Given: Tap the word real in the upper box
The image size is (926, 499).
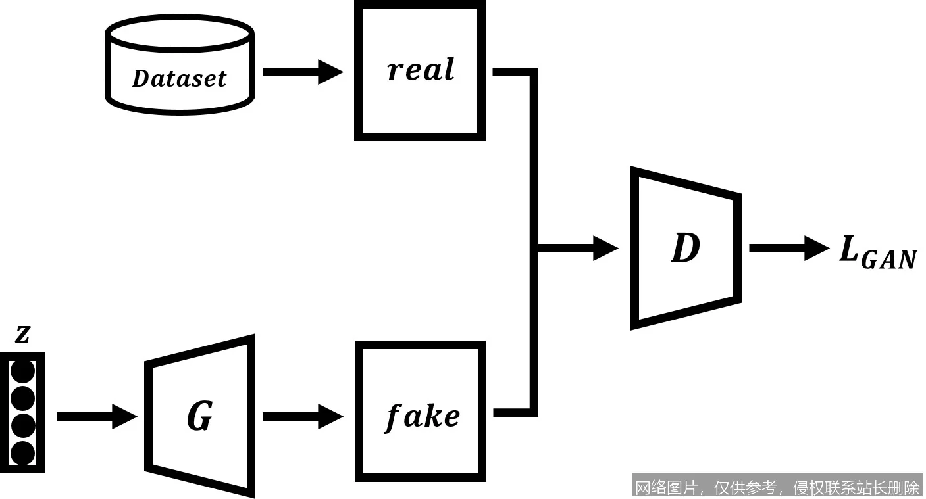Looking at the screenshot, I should tap(421, 70).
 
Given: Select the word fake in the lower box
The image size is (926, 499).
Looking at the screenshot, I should tap(422, 416).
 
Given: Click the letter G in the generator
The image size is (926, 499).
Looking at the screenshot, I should tap(199, 416).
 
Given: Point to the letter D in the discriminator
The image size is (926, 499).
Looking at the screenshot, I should tap(685, 249).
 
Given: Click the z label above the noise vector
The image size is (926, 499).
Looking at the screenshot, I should tap(23, 335).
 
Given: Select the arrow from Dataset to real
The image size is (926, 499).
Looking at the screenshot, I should tap(302, 71).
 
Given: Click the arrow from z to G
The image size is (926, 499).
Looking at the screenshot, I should tap(96, 416).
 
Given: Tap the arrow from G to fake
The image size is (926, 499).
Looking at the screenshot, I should tap(302, 416).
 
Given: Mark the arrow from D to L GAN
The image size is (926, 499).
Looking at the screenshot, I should tap(788, 248).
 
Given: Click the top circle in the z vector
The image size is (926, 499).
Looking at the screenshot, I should tap(23, 371).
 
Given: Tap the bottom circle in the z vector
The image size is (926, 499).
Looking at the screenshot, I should tap(23, 454).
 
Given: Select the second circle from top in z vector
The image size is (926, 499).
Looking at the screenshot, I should tap(23, 398).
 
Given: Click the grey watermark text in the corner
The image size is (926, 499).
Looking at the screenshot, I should tap(777, 487).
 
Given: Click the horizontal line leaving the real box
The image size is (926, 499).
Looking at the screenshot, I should tap(513, 72).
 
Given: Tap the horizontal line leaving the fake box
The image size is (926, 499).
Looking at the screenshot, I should tap(513, 413).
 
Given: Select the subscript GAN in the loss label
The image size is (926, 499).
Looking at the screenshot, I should tap(888, 260).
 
